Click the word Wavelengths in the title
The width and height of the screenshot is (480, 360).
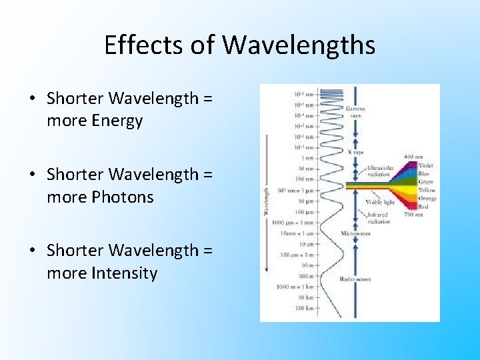tap(299, 45)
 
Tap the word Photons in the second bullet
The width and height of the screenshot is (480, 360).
tap(118, 197)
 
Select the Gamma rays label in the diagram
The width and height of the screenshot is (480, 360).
tap(355, 111)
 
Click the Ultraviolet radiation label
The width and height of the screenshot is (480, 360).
tap(380, 171)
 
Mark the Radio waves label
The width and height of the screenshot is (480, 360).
tap(355, 279)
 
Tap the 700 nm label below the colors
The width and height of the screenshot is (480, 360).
tap(413, 215)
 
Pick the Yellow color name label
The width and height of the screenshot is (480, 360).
tap(426, 190)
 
